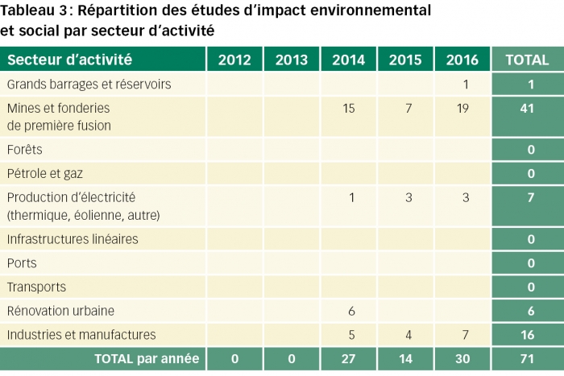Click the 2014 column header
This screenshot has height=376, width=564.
click(x=348, y=60)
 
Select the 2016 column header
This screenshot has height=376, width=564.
click(x=462, y=60)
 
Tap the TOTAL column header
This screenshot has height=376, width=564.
click(x=527, y=60)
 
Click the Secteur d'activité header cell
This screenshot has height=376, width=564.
click(x=70, y=60)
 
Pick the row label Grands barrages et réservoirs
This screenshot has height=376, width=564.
click(x=89, y=85)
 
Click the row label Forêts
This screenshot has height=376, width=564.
click(x=25, y=150)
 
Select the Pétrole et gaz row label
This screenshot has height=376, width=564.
click(x=45, y=173)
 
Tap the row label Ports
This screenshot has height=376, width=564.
click(x=22, y=263)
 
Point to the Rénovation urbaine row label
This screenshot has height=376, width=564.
click(x=61, y=311)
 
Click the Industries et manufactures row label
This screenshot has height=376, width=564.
click(x=81, y=334)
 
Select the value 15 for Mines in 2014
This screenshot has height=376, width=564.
click(x=348, y=109)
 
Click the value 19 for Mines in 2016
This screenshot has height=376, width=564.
click(x=462, y=109)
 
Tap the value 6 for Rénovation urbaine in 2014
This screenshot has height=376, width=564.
click(x=351, y=311)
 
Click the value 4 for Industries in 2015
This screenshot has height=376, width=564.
click(x=405, y=334)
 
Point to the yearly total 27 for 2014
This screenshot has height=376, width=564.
click(x=348, y=358)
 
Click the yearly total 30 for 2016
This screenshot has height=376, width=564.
click(x=462, y=358)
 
